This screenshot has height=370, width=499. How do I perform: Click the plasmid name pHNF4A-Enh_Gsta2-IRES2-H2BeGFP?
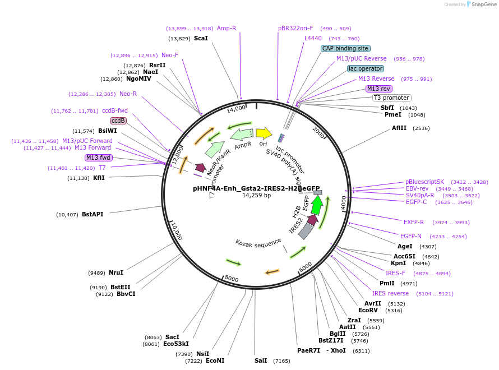click(x=256, y=188)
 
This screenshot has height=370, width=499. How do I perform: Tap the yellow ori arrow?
click(x=264, y=133)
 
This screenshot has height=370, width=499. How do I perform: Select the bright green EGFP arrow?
click(x=317, y=206)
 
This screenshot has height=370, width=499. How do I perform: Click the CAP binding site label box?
click(x=345, y=49)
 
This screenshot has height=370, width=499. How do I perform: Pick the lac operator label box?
click(x=366, y=69)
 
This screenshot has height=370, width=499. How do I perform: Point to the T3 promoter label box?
click(x=392, y=98)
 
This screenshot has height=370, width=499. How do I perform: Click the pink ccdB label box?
click(x=118, y=121)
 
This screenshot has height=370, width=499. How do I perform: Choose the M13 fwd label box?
click(x=99, y=158)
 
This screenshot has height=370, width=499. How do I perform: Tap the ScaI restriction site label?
click(x=201, y=38)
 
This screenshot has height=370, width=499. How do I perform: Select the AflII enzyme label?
click(x=399, y=128)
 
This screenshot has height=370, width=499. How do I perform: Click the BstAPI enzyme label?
click(x=93, y=214)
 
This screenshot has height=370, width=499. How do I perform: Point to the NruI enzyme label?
click(x=116, y=272)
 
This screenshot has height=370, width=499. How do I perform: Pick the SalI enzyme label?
click(x=261, y=360)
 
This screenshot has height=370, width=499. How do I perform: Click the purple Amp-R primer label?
click(x=227, y=28)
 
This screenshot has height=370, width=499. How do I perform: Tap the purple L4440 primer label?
click(x=313, y=38)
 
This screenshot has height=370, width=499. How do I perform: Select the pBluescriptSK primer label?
click(x=424, y=182)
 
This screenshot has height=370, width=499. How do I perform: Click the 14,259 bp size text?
click(x=256, y=196)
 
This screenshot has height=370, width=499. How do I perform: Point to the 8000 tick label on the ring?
click(x=231, y=279)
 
